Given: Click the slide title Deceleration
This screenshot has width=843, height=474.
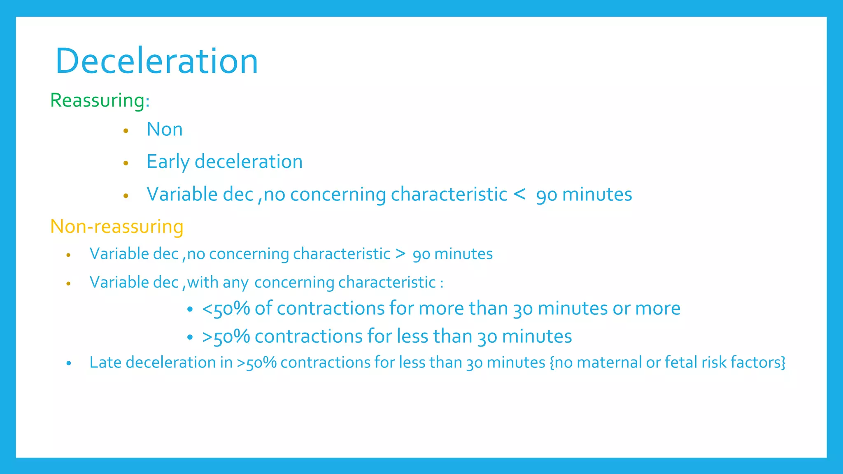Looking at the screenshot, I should pos(156,61).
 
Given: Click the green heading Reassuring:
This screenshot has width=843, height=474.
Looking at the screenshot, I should pos(100,100).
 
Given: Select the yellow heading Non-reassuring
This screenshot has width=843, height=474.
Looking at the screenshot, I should pos(116,227).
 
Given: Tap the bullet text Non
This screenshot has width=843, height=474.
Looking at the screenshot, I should pos(164,129).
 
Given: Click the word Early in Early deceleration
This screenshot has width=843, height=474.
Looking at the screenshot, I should pos(167,162).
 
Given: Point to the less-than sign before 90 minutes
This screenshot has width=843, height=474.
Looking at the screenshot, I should pos(519,194).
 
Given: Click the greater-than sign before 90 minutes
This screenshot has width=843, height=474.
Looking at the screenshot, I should pos(400,254).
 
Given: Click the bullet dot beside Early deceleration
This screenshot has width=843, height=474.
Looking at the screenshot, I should pos(126,163).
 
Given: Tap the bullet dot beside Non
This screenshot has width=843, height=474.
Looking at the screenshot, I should pos(126,131).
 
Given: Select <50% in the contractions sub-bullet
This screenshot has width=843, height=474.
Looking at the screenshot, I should pos(226,309).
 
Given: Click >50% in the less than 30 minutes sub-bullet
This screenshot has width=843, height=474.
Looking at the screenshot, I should pos(226,337).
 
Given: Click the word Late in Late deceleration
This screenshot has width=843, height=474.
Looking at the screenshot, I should pos(105,362).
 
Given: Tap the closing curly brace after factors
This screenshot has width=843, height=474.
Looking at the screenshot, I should pos(783,362).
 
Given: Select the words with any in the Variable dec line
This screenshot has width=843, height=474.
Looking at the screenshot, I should pos(218,283).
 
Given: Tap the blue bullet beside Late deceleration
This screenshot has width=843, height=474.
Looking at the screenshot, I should pos(69,363).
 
